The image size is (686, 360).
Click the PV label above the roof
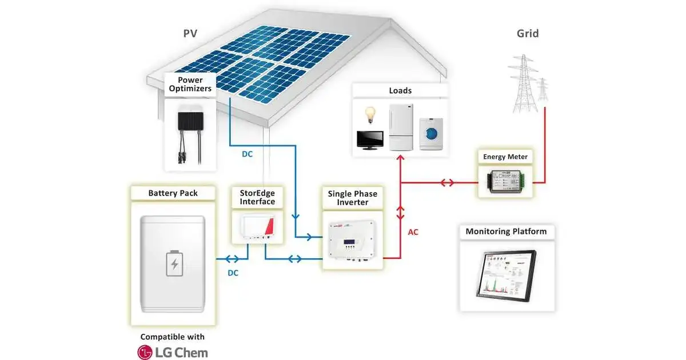tap(190, 33)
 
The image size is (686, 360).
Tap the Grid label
tap(528, 33)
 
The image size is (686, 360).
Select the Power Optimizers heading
tap(190, 84)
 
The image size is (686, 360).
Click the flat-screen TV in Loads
tap(370, 140)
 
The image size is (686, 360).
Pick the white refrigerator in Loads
tap(401, 127)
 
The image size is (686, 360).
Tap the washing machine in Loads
tap(430, 134)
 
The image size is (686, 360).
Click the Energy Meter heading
tap(505, 157)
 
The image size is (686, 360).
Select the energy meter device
tap(505, 181)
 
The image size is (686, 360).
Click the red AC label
tap(413, 233)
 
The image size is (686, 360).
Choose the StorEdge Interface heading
tap(257, 197)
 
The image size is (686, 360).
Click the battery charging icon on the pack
tap(174, 263)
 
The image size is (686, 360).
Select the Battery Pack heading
tap(173, 193)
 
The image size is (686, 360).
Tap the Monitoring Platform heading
tap(506, 231)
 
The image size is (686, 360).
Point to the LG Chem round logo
tap(145, 352)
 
